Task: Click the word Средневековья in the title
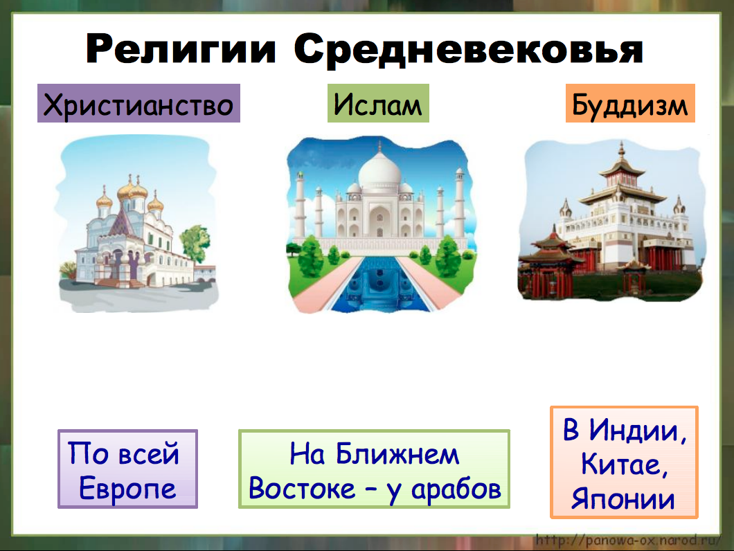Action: coord(468,49)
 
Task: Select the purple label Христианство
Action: coord(138,104)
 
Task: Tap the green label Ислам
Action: coord(377,104)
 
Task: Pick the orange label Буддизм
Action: coord(630,105)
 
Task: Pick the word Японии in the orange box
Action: coord(623,498)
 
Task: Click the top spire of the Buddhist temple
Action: coord(620,148)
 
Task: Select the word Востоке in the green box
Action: coord(298,489)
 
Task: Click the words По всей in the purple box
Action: coord(125,454)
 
